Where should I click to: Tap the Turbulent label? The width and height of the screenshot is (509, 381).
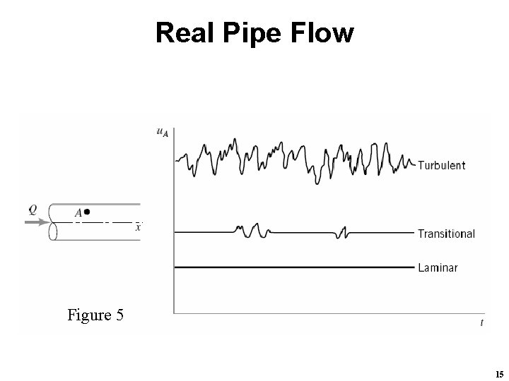pyautogui.click(x=441, y=166)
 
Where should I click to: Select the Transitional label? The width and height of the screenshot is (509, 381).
pyautogui.click(x=446, y=234)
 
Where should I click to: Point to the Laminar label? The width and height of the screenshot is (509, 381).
pyautogui.click(x=438, y=267)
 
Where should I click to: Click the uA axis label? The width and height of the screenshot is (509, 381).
pyautogui.click(x=161, y=131)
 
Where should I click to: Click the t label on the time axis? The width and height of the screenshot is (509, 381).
pyautogui.click(x=481, y=322)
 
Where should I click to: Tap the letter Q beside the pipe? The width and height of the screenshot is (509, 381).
pyautogui.click(x=33, y=209)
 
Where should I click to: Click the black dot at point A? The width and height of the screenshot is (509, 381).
pyautogui.click(x=86, y=211)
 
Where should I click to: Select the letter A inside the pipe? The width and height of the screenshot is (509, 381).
pyautogui.click(x=78, y=212)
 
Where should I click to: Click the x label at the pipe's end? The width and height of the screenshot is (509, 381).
pyautogui.click(x=138, y=226)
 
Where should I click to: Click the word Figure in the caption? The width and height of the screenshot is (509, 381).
pyautogui.click(x=88, y=315)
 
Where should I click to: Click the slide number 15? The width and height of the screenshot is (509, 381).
pyautogui.click(x=499, y=373)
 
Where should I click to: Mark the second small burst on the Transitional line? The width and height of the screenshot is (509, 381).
pyautogui.click(x=343, y=232)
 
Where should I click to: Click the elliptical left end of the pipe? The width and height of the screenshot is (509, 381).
pyautogui.click(x=52, y=222)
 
